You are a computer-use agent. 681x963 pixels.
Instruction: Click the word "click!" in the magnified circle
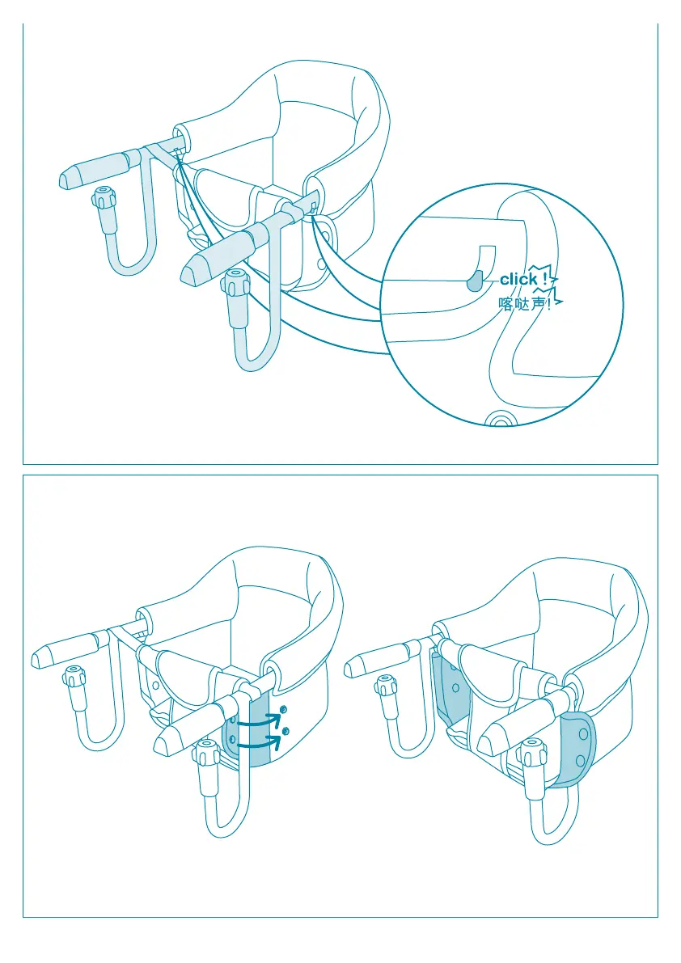coord(523,280)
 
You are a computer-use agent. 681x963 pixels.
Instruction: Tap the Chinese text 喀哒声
coord(522,304)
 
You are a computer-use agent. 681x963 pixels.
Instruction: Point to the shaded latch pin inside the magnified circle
coord(476,281)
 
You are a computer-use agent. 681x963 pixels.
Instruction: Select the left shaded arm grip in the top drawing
coord(95,170)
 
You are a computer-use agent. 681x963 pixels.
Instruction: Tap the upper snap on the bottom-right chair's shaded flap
coord(583,734)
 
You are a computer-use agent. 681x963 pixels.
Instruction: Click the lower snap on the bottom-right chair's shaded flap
coord(580,762)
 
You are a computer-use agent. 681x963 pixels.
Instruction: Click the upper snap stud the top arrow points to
coord(283,710)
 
